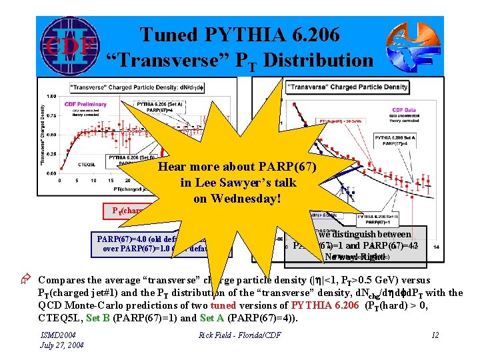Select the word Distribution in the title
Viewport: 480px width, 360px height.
tap(318, 61)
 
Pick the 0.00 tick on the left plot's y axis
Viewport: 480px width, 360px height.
tap(51, 173)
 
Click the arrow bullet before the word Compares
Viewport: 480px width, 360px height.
tap(30, 281)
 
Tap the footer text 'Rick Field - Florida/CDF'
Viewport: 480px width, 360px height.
tap(239, 335)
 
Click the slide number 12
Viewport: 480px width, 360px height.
tap(435, 335)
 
